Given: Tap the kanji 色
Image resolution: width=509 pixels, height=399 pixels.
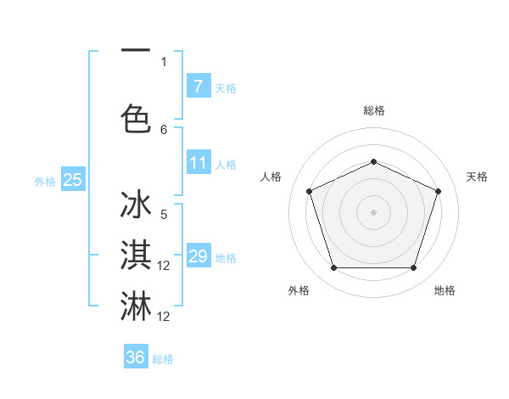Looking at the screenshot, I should pyautogui.click(x=136, y=119).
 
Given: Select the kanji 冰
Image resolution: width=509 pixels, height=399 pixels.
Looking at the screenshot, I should pyautogui.click(x=136, y=206).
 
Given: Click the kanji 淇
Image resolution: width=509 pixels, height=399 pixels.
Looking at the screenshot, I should pyautogui.click(x=136, y=256).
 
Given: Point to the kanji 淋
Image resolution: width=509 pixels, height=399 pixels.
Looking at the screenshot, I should pyautogui.click(x=136, y=306).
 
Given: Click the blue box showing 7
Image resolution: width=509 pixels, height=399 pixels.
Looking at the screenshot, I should pyautogui.click(x=198, y=86).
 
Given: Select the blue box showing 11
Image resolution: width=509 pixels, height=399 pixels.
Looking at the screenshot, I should pyautogui.click(x=198, y=163).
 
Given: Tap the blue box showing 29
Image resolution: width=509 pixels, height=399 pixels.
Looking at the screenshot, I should pyautogui.click(x=198, y=256).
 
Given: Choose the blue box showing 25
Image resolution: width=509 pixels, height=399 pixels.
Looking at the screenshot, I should pyautogui.click(x=73, y=179).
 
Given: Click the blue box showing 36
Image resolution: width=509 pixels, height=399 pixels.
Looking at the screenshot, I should pyautogui.click(x=136, y=357).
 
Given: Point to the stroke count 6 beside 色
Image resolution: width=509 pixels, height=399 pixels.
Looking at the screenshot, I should pyautogui.click(x=164, y=130).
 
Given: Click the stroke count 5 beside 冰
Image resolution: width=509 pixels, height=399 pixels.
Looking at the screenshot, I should pyautogui.click(x=164, y=214).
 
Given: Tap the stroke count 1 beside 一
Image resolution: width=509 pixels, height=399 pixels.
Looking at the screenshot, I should pyautogui.click(x=164, y=61).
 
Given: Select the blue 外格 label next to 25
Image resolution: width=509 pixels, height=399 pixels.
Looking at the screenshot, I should pyautogui.click(x=44, y=181).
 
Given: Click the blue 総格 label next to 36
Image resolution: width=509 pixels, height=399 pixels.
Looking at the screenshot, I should pyautogui.click(x=163, y=359).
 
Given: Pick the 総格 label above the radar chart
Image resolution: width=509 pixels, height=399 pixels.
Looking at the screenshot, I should pyautogui.click(x=373, y=110).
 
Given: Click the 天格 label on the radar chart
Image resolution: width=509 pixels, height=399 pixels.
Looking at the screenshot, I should pyautogui.click(x=477, y=177).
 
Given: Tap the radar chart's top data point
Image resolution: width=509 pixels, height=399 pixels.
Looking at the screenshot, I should pyautogui.click(x=373, y=161).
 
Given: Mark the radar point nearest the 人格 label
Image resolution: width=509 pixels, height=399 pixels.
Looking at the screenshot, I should pyautogui.click(x=309, y=191).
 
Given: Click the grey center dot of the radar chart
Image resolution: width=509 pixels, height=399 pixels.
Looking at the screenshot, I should pyautogui.click(x=373, y=212).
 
